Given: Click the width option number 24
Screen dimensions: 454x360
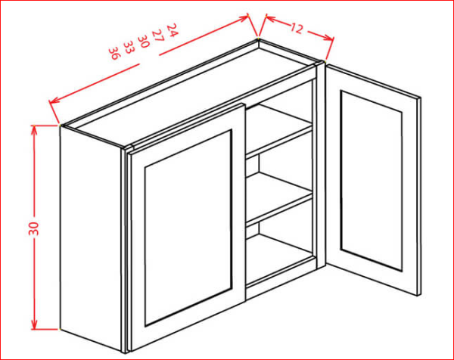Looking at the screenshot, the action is point(172,30).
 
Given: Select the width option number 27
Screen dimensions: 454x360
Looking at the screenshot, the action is point(158,36).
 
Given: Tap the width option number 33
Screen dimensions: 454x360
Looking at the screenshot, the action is point(129,47).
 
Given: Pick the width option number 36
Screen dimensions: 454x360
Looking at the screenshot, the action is point(114,53).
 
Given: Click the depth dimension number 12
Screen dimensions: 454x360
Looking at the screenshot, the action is point(296,28).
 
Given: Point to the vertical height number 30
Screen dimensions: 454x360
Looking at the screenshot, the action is point(34,228).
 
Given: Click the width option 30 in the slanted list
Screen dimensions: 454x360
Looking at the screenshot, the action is point(143,41).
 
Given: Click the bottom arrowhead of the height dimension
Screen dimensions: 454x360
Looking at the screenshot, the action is point(34,324).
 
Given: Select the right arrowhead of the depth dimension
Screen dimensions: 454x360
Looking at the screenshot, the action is point(328,37).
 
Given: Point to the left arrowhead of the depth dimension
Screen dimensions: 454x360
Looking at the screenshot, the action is point(270,18).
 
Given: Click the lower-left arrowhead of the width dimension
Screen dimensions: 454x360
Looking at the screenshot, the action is point(54,101).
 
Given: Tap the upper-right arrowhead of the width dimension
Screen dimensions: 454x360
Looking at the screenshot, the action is point(244,17).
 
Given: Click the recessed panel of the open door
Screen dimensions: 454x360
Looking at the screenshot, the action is point(372,181).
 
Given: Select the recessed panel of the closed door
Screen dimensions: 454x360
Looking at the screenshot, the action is point(188,228).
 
